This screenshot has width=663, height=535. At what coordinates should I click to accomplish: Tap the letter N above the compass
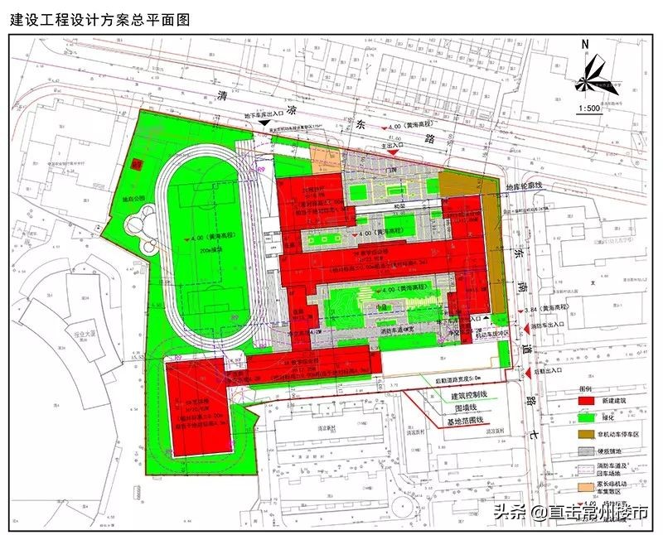click(x=585, y=43)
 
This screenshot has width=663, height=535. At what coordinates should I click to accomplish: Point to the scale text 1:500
click(x=589, y=108)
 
